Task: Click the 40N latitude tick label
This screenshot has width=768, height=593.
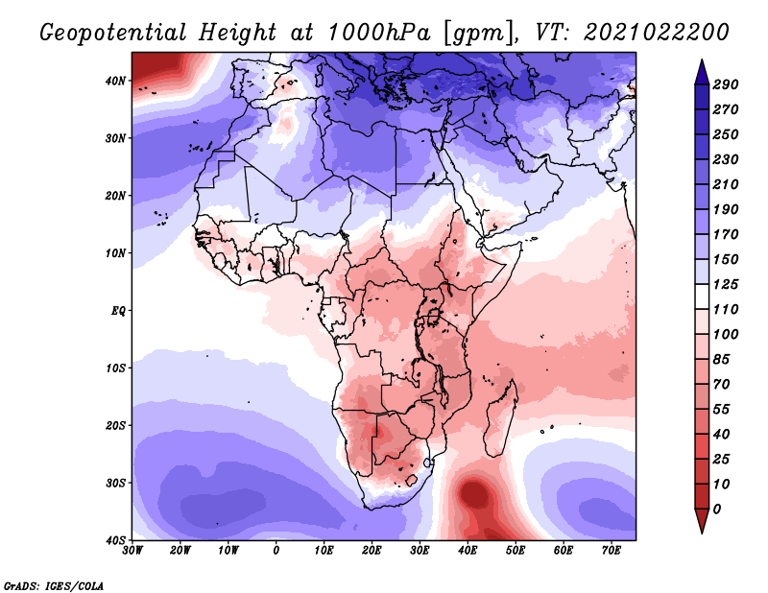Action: pyautogui.click(x=115, y=81)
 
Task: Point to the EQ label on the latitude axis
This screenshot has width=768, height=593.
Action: pyautogui.click(x=118, y=311)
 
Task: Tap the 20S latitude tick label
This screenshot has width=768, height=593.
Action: pyautogui.click(x=115, y=425)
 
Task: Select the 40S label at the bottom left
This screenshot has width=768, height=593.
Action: pyautogui.click(x=115, y=540)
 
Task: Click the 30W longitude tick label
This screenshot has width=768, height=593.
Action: pyautogui.click(x=132, y=551)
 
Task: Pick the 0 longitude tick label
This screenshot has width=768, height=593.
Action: pyautogui.click(x=276, y=551)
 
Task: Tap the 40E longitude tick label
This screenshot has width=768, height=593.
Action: pyautogui.click(x=468, y=551)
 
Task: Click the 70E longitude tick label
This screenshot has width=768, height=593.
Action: pyautogui.click(x=612, y=551)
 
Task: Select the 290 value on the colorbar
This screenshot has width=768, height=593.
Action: pyautogui.click(x=726, y=84)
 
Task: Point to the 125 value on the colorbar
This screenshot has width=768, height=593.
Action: pyautogui.click(x=726, y=284)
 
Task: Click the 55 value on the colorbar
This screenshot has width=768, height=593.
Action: pyautogui.click(x=722, y=409)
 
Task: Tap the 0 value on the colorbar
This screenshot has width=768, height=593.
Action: pyautogui.click(x=717, y=509)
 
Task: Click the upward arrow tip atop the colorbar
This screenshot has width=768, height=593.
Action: pyautogui.click(x=702, y=59)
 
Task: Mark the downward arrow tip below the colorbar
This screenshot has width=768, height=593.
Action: pyautogui.click(x=702, y=534)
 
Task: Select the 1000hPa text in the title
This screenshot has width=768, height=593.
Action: pyautogui.click(x=380, y=33)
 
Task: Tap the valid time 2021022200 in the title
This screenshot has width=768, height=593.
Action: pyautogui.click(x=657, y=33)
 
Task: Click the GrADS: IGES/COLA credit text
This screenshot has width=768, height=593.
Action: pyautogui.click(x=54, y=585)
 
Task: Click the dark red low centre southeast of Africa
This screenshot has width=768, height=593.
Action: pyautogui.click(x=473, y=492)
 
